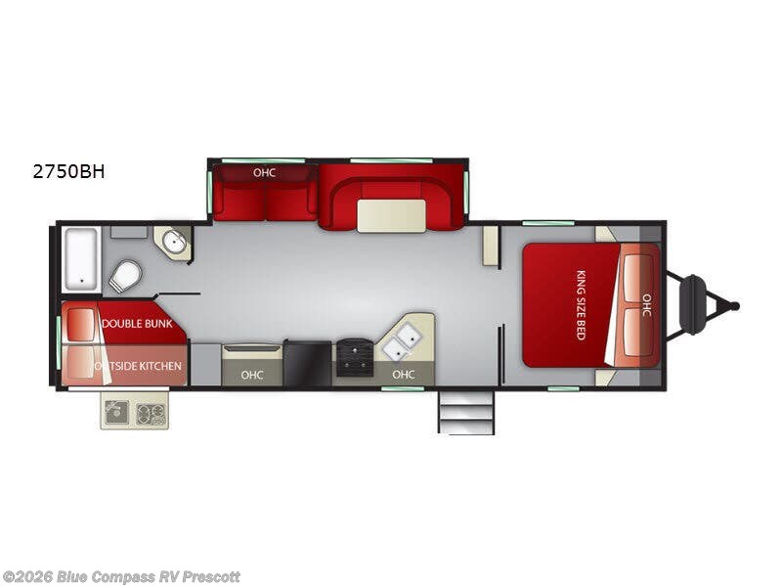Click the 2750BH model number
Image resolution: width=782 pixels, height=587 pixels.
(68, 172)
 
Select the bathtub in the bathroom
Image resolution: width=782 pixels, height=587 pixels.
(81, 258)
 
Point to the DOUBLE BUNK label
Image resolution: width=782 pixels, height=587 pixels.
(136, 324)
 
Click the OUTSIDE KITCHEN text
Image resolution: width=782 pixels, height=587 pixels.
(139, 366)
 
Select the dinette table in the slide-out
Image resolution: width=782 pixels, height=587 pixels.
(391, 215)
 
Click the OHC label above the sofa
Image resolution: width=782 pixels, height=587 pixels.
(264, 173)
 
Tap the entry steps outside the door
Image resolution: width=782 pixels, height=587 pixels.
(466, 412)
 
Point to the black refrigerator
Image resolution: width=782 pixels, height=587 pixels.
(307, 363)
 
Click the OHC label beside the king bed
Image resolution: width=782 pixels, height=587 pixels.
(645, 305)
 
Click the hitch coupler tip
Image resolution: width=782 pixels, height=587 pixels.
(735, 306)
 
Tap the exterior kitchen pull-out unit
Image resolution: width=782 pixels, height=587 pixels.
(134, 411)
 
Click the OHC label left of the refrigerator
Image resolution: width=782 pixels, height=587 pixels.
(251, 374)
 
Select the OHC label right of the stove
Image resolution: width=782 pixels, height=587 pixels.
(403, 374)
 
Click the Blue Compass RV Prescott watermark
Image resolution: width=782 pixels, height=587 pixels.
(121, 577)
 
